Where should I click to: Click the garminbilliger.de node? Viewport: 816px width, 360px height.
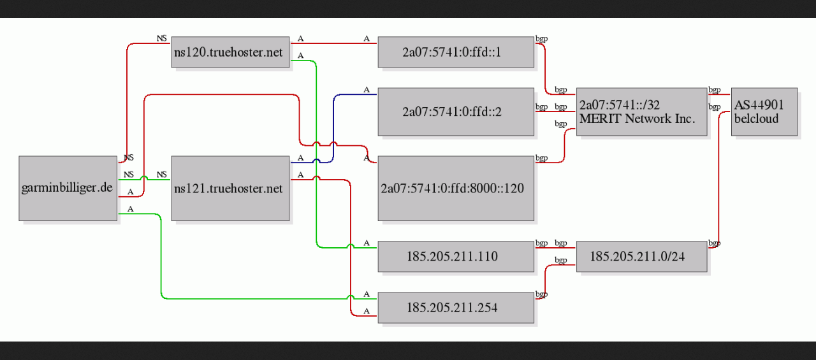tap(68, 188)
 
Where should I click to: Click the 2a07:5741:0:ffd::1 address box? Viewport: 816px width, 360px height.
tap(455, 52)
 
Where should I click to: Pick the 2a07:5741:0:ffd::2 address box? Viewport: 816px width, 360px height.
tap(455, 112)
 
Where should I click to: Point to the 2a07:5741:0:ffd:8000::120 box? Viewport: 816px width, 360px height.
tap(455, 188)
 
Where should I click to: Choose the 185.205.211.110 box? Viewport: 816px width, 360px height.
tap(455, 256)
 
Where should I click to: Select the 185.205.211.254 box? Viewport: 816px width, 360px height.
tap(455, 308)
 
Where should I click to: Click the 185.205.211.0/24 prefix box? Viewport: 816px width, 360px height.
tap(641, 256)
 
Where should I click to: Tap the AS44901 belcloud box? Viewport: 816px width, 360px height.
tap(764, 112)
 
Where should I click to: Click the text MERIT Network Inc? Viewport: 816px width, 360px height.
tap(637, 119)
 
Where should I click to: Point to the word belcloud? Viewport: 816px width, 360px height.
tap(756, 119)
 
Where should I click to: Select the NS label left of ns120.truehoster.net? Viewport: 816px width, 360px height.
tap(162, 38)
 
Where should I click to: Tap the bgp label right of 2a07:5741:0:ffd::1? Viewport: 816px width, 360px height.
tap(542, 39)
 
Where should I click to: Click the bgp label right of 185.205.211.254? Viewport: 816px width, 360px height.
tap(542, 294)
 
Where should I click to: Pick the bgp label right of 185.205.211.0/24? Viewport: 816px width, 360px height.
tap(714, 243)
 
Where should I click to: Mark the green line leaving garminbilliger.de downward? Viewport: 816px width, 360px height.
tap(161, 255)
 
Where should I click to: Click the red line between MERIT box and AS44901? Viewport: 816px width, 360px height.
tap(719, 95)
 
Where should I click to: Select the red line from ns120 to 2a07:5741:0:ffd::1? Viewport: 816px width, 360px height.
tap(335, 43)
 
